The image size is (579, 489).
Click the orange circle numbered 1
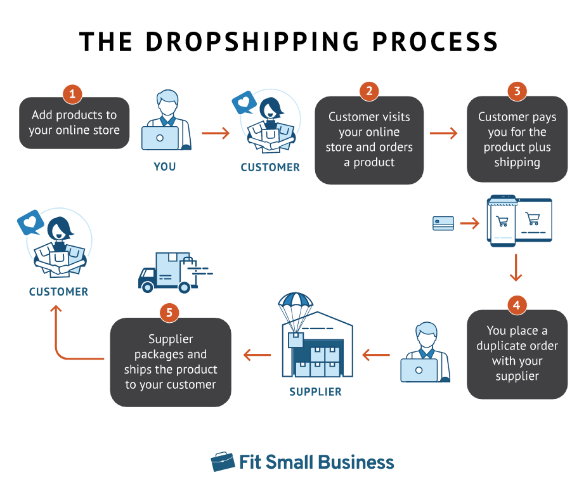click(72, 95)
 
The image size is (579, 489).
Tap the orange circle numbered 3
click(517, 91)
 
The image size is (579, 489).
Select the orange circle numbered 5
click(169, 312)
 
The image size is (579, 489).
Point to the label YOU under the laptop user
click(164, 167)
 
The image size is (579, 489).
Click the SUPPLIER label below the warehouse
click(315, 392)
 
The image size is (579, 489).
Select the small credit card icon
click(443, 223)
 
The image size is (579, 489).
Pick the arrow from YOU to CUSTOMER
click(216, 133)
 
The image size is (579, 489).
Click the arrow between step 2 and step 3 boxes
click(443, 133)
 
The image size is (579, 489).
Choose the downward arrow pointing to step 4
click(516, 268)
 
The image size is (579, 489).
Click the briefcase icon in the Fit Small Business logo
click(223, 462)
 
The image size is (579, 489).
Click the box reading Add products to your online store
click(74, 123)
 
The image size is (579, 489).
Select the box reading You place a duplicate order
click(517, 354)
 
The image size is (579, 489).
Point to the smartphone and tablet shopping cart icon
click(519, 222)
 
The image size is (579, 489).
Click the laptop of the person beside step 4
click(419, 370)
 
